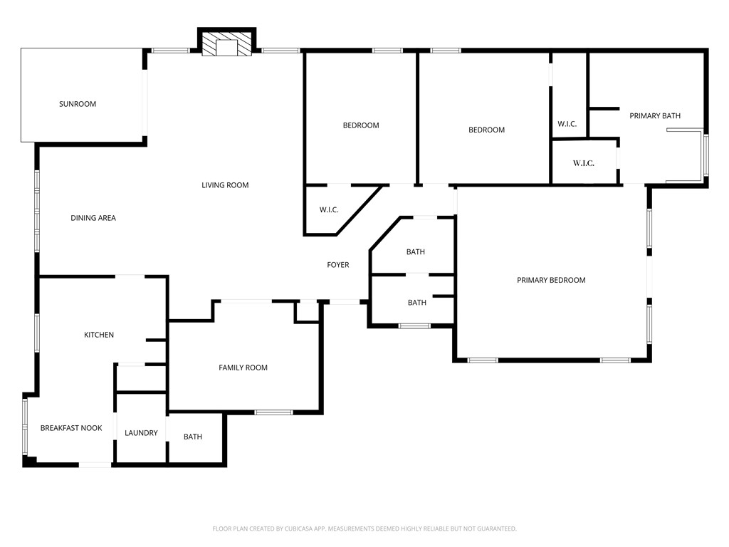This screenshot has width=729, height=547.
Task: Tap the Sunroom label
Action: tap(77, 104)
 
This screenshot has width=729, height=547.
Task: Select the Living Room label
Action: tap(225, 185)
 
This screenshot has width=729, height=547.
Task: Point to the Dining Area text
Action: tap(93, 218)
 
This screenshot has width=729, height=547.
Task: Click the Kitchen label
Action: tap(99, 335)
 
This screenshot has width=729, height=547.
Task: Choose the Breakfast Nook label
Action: tap(71, 428)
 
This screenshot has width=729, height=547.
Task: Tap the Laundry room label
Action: tap(141, 433)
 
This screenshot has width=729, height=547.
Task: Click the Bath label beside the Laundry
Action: tap(193, 437)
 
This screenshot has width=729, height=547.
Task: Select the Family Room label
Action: tap(243, 368)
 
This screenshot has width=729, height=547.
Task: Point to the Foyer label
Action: tap(337, 265)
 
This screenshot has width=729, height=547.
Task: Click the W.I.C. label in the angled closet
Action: tap(329, 209)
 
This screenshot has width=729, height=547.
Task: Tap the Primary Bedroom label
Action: tap(551, 280)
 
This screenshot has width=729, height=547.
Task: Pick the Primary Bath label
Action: tap(655, 115)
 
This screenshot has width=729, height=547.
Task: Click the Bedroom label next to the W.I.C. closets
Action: tap(486, 130)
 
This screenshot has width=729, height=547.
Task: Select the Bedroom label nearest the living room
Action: tap(361, 125)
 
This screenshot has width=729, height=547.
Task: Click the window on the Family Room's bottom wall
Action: tap(274, 412)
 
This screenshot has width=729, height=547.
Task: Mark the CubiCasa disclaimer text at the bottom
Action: tap(364, 528)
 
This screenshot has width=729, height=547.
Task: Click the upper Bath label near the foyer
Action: tap(416, 252)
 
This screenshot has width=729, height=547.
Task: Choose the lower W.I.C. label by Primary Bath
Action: tap(584, 163)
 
